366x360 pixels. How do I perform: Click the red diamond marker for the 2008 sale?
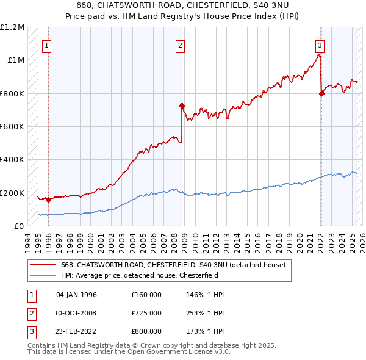pyautogui.click(x=182, y=106)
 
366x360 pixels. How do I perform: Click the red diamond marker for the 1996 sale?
pyautogui.click(x=48, y=200)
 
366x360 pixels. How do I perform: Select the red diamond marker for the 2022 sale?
pyautogui.click(x=321, y=93)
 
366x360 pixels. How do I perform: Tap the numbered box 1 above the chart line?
pyautogui.click(x=47, y=45)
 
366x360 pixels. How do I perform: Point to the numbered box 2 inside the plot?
pyautogui.click(x=181, y=45)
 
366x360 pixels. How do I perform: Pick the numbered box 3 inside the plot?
pyautogui.click(x=320, y=45)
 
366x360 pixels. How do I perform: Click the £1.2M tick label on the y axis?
pyautogui.click(x=12, y=27)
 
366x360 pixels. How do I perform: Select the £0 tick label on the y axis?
pyautogui.click(x=18, y=226)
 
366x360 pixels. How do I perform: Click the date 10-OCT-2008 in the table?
pyautogui.click(x=76, y=313)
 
